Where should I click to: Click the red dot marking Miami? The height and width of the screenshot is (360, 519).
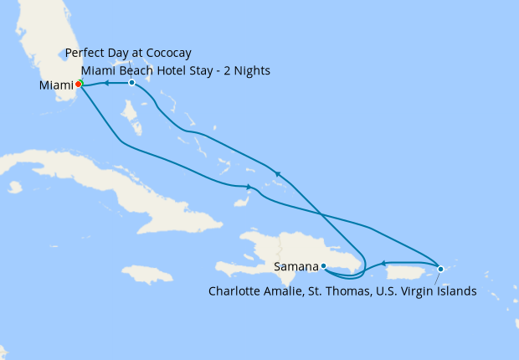point(79,84)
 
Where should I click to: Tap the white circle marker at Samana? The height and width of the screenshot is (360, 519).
point(324,266)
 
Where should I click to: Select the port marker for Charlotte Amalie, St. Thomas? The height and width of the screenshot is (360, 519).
point(440,268)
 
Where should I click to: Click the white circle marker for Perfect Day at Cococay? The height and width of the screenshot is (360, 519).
point(131,83)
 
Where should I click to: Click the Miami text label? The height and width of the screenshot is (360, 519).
point(56,85)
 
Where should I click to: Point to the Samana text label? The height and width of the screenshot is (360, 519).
point(296,267)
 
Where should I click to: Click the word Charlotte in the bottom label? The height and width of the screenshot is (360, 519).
point(235,291)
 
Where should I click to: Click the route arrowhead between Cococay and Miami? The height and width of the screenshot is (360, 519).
point(107,83)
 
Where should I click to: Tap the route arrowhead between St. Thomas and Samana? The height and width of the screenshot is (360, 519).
point(383,264)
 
